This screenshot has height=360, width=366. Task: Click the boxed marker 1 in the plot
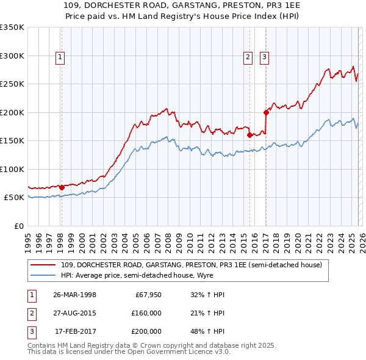point(61,58)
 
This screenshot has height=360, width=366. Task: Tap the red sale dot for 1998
point(62,187)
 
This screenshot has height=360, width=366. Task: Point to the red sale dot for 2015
point(250,135)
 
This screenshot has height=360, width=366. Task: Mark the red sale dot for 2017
point(266,112)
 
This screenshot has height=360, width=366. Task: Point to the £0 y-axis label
point(18,226)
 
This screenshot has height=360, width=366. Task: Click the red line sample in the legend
point(43,264)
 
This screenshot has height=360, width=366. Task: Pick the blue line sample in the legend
point(43,275)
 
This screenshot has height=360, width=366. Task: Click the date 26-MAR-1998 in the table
point(74,295)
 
